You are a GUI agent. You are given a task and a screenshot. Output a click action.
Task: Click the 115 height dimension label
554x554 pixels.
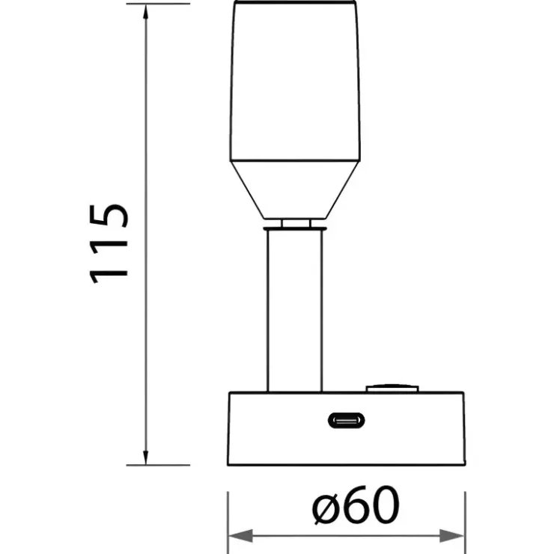coord(109,244)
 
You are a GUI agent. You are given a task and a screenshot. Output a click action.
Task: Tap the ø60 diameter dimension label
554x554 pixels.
coord(356,505)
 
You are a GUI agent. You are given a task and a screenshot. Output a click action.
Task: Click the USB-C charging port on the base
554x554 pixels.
coord(346,421)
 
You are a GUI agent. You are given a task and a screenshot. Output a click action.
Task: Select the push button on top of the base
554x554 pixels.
coord(392,389)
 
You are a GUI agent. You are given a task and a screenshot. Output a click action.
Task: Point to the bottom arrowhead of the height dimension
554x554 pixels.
coord(145,457)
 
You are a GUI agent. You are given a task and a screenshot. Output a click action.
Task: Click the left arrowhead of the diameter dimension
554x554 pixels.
coord(241,536)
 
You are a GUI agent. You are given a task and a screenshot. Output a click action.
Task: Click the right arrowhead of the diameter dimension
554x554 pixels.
coord(451,536)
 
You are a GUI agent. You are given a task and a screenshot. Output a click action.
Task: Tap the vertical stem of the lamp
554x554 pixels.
coord(295,311)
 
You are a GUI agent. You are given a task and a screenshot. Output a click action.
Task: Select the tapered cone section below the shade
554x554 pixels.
coord(295,189)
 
